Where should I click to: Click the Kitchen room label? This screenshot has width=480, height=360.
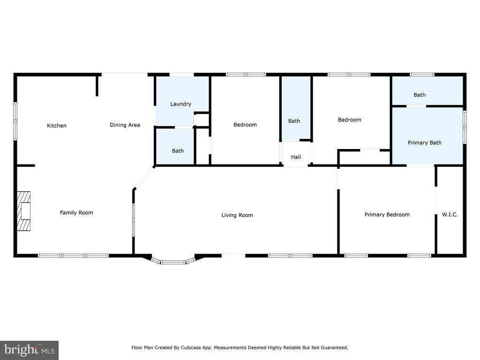tap(57, 126)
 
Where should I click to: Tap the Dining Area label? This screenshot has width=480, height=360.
tap(125, 125)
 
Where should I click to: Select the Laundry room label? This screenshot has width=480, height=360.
tap(180, 104)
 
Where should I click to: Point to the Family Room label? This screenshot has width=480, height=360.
tap(76, 213)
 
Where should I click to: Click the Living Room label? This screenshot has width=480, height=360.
tap(237, 215)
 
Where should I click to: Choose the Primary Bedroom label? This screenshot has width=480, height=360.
tap(387, 215)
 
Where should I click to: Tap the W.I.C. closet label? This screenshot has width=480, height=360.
tap(450, 215)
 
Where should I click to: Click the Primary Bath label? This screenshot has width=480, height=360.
tap(425, 142)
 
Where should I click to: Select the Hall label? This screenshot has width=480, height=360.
tap(296, 157)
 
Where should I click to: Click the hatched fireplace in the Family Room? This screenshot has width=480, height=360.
tap(23, 211)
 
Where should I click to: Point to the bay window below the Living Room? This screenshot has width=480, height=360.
tap(173, 261)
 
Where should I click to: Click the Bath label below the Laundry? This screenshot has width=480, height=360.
tap(178, 151)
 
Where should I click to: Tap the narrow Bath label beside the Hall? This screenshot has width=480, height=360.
tap(294, 121)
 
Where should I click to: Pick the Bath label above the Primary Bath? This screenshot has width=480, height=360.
tap(420, 95)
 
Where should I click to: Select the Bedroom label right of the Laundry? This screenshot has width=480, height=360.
tap(245, 125)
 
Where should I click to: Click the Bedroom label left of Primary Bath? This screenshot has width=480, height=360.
tap(350, 120)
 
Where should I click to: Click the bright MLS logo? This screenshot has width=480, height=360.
tap(30, 350)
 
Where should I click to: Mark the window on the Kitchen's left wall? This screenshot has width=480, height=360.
tap(15, 121)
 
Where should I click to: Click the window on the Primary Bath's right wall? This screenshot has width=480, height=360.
tap(465, 127)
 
